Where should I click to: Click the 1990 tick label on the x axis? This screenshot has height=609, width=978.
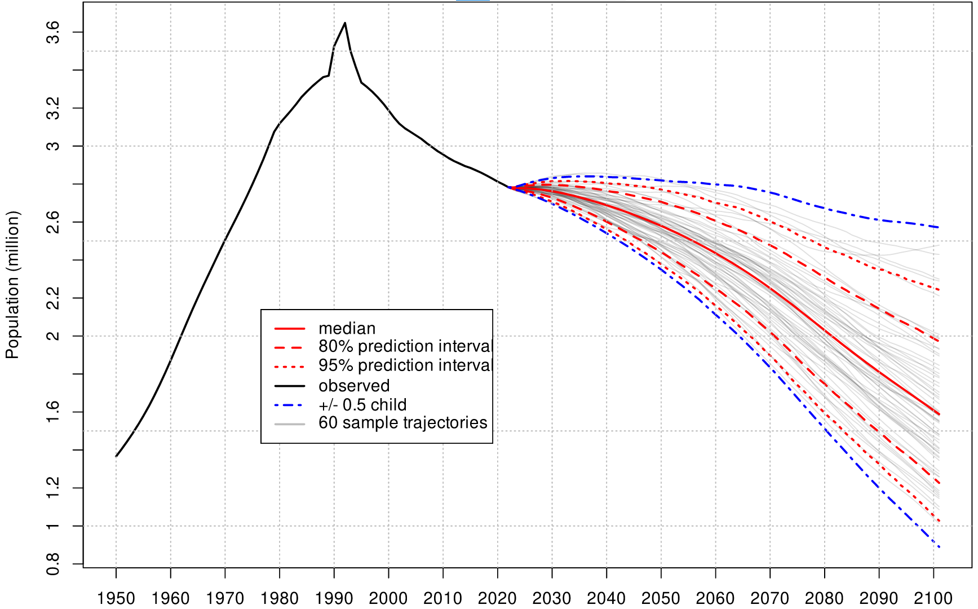click(x=334, y=598)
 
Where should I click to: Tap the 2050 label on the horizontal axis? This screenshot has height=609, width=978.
click(x=661, y=598)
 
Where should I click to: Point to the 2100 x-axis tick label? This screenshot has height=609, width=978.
click(x=933, y=598)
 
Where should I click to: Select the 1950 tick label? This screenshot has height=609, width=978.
click(x=116, y=598)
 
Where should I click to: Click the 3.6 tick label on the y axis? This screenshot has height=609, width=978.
click(x=52, y=32)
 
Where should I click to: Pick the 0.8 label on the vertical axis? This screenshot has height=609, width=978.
click(x=52, y=564)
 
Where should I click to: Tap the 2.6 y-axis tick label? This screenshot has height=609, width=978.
click(x=52, y=222)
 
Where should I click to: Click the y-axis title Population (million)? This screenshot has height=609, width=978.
click(x=12, y=285)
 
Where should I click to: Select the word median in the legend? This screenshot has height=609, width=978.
click(x=347, y=328)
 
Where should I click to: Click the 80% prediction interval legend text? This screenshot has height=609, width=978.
click(x=405, y=346)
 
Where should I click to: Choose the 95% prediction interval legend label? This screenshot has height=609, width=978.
click(x=405, y=365)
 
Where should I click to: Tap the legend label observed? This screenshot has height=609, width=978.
click(x=354, y=386)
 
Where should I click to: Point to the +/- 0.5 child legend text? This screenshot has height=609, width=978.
click(x=362, y=405)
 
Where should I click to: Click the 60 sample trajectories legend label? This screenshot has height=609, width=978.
click(x=402, y=423)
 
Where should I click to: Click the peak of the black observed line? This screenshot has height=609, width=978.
click(x=345, y=23)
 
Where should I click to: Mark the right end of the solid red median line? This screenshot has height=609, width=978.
click(x=939, y=414)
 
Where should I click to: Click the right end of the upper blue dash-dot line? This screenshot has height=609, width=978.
click(x=939, y=227)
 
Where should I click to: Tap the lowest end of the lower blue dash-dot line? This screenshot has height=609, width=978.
click(x=939, y=547)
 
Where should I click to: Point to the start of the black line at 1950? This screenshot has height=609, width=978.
click(x=116, y=456)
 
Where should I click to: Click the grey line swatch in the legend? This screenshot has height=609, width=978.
click(x=290, y=423)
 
